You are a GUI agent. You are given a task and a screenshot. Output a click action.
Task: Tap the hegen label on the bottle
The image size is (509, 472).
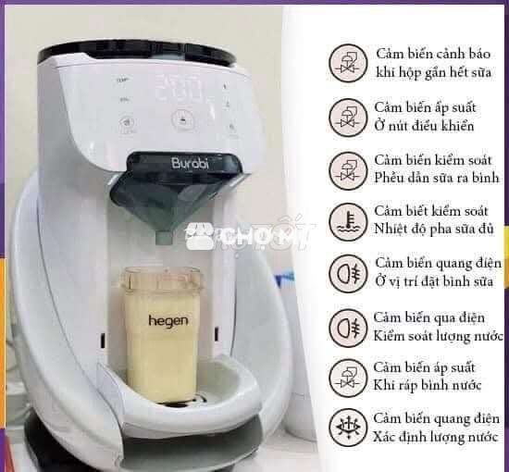[168, 321]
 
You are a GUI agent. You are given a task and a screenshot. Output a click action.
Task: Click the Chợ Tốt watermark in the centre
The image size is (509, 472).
[249, 236]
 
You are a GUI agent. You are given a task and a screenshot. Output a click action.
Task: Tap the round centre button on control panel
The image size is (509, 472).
[183, 120]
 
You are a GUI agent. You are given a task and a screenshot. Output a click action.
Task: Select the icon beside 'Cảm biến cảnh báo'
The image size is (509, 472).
[348, 63]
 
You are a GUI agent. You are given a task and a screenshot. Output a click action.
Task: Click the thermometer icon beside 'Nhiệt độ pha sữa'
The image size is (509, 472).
[348, 222]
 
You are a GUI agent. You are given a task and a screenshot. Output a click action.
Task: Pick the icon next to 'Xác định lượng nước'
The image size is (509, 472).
[348, 428]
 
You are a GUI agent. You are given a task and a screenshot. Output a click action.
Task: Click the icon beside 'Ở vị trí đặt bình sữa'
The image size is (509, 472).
[348, 273]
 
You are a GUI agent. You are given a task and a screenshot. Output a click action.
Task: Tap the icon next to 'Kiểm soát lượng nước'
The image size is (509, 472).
[348, 328]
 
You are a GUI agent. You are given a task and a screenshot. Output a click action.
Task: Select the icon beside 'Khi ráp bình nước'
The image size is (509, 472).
[348, 379]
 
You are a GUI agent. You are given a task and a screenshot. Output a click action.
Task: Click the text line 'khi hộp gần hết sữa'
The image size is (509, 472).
[434, 72]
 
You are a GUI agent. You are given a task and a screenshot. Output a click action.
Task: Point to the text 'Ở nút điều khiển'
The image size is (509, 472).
[424, 126]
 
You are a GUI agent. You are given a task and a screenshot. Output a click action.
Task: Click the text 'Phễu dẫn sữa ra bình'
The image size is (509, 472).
[436, 178]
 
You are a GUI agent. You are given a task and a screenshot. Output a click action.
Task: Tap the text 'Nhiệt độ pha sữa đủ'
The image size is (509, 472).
[434, 229]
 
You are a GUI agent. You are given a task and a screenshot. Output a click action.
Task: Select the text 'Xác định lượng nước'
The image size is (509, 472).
[436, 437]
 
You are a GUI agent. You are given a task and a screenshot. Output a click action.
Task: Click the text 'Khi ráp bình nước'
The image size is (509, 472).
[428, 386]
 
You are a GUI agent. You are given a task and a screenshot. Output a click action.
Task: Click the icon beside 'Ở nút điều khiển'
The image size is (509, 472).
[348, 118]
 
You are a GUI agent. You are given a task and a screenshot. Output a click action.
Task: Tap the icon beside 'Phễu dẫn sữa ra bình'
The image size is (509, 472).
[348, 170]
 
